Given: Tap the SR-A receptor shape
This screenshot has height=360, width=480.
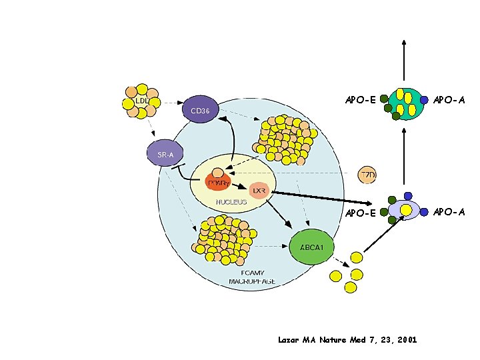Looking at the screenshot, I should (166, 155).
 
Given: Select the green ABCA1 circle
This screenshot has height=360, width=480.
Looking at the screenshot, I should (312, 247).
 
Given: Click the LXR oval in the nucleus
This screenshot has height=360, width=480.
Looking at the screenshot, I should (259, 191).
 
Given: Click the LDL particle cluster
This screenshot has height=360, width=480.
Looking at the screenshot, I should (141, 101).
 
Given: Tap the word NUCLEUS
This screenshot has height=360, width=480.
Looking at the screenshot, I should (231, 201).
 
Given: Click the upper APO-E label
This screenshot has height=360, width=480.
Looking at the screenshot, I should (361, 101).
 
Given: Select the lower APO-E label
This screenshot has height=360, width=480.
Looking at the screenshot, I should (361, 214).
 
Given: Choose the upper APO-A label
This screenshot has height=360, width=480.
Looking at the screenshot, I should (449, 101).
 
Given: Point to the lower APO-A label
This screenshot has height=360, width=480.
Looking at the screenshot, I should (449, 213).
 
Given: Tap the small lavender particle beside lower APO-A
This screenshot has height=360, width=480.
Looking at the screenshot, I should (404, 210).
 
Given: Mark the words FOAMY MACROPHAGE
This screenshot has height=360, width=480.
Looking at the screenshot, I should (252, 277).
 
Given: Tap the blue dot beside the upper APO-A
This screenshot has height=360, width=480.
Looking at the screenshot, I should (424, 101).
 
